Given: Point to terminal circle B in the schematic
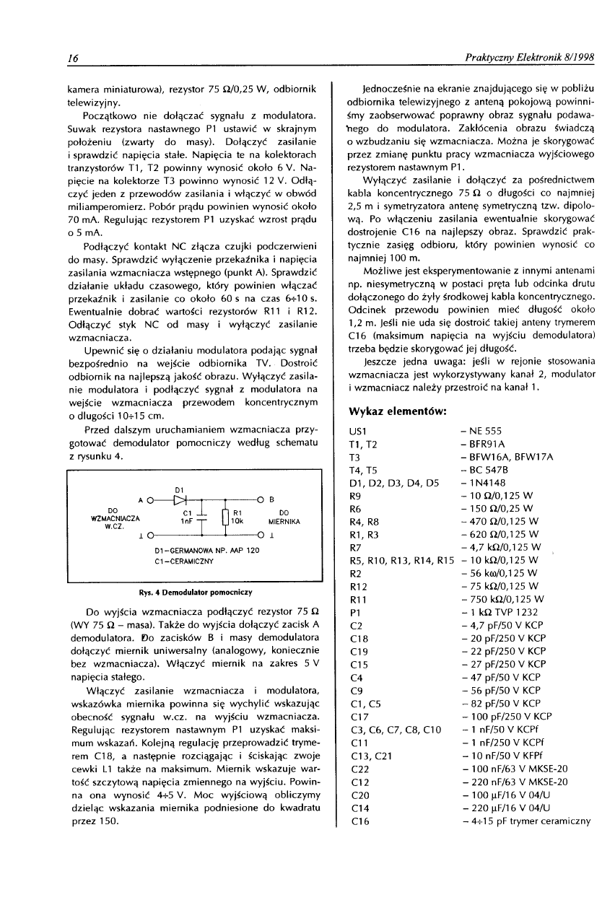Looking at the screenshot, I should coord(259,499).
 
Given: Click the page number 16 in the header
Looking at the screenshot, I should coord(73,58).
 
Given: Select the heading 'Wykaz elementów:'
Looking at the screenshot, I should coord(398,411).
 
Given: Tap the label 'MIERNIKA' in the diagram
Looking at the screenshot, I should coord(279,519).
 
